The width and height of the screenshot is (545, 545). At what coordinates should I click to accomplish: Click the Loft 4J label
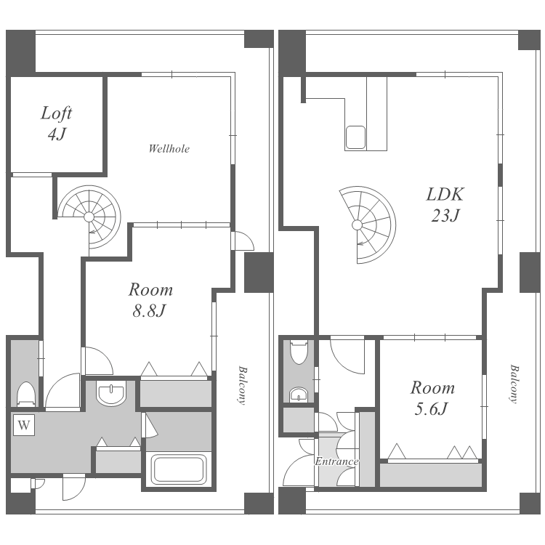click(56, 124)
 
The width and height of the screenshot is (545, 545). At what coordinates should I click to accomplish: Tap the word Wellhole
click(169, 149)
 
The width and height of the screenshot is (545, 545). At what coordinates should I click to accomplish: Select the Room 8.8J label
click(150, 299)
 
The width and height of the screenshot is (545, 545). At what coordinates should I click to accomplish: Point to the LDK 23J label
click(445, 204)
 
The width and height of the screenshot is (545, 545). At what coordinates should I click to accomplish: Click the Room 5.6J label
click(432, 398)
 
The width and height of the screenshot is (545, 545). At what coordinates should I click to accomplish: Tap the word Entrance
click(336, 461)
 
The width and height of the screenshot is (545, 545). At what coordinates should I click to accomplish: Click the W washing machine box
click(24, 425)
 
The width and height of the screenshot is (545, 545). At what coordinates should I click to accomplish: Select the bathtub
click(179, 469)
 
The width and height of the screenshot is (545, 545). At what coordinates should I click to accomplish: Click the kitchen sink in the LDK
click(355, 137)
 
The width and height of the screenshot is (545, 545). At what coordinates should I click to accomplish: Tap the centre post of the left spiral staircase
click(89, 217)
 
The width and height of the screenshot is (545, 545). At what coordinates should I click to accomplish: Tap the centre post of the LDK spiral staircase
click(357, 225)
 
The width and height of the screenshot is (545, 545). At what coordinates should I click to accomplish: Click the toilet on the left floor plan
click(26, 394)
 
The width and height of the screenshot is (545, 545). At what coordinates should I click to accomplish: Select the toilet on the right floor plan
click(299, 352)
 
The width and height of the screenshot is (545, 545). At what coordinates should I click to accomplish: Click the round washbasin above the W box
click(111, 395)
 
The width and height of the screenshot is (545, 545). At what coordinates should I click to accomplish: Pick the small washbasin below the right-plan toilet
click(299, 395)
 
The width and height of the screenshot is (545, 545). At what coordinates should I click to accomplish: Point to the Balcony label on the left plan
click(243, 385)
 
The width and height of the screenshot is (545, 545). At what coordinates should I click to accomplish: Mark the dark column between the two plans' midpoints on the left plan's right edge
click(259, 272)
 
